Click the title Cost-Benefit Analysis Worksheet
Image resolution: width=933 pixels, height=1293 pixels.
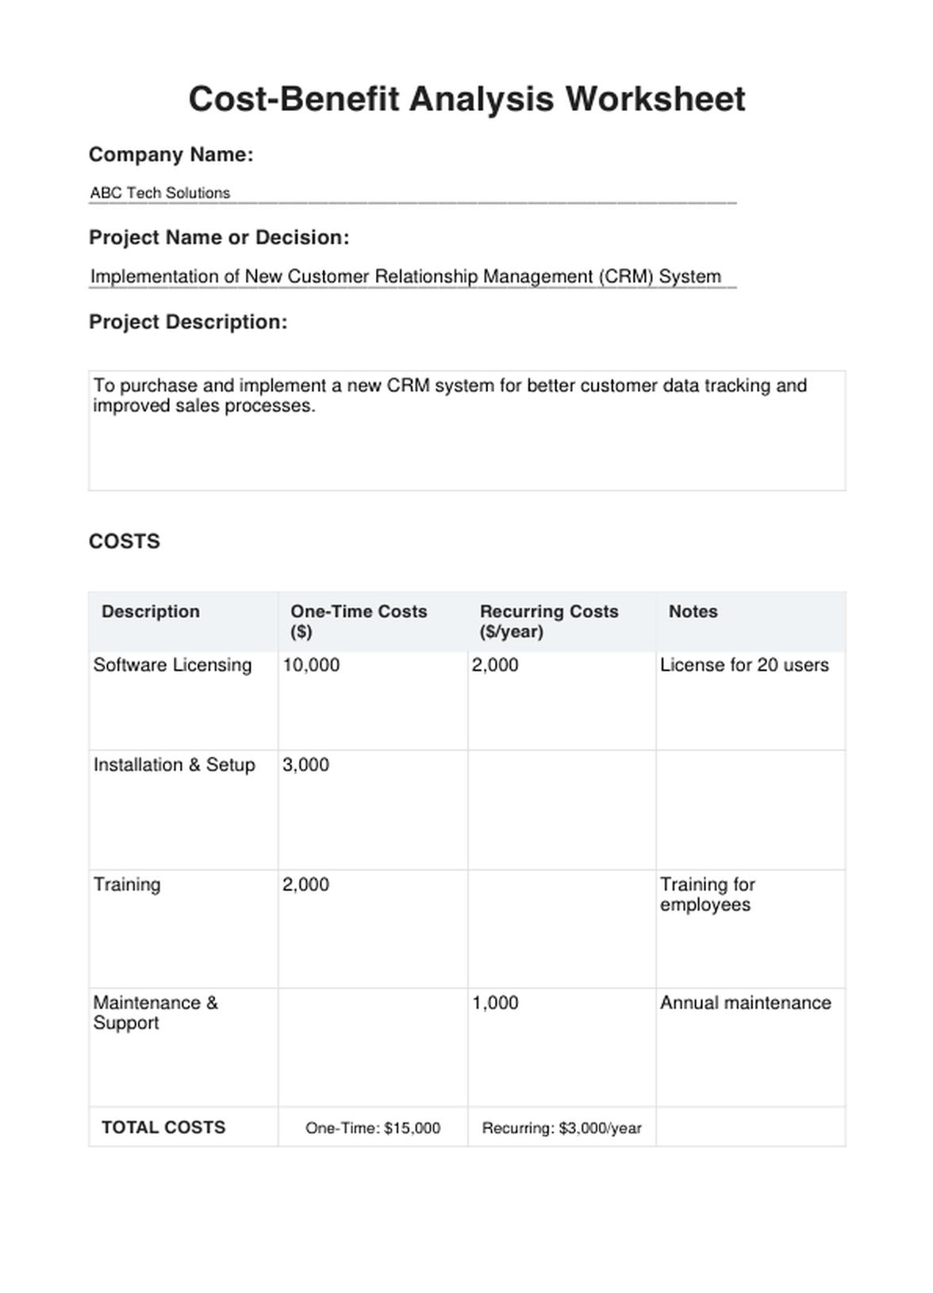pyautogui.click(x=466, y=100)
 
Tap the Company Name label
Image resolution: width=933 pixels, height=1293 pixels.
pyautogui.click(x=171, y=155)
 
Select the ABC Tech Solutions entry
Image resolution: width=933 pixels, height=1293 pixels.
pyautogui.click(x=160, y=193)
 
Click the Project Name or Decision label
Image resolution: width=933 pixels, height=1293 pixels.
pyautogui.click(x=219, y=237)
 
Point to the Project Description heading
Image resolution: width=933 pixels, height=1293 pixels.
pyautogui.click(x=188, y=322)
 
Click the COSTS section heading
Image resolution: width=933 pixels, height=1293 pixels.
pyautogui.click(x=125, y=541)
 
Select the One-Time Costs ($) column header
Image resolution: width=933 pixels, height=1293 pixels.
pyautogui.click(x=359, y=621)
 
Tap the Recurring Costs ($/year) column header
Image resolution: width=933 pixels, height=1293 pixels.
pyautogui.click(x=548, y=621)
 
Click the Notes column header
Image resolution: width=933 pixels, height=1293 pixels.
pyautogui.click(x=693, y=612)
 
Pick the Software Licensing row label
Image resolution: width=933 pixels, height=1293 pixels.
pyautogui.click(x=172, y=665)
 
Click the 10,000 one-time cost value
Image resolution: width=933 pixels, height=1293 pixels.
pyautogui.click(x=311, y=665)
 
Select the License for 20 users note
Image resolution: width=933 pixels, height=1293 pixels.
pyautogui.click(x=744, y=665)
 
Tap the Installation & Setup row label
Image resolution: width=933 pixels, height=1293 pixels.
pyautogui.click(x=175, y=765)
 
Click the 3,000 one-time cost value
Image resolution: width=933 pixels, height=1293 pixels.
pyautogui.click(x=305, y=765)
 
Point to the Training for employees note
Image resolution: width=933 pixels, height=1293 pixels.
pyautogui.click(x=707, y=895)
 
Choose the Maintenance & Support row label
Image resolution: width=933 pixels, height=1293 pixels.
pyautogui.click(x=155, y=1012)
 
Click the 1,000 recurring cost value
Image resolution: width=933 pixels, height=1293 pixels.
pyautogui.click(x=495, y=1003)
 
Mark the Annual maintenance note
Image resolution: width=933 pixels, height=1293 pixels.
pyautogui.click(x=746, y=1003)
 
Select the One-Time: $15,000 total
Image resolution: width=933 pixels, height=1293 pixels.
pyautogui.click(x=373, y=1128)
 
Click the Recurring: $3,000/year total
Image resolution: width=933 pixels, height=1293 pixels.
pyautogui.click(x=562, y=1128)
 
